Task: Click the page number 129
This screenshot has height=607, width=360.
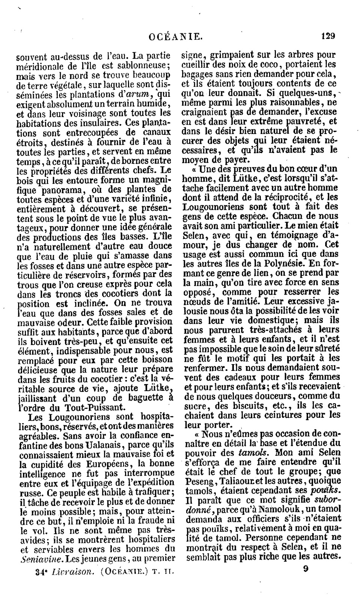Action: pyautogui.click(x=328, y=36)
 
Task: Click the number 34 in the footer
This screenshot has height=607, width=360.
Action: pyautogui.click(x=39, y=572)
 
